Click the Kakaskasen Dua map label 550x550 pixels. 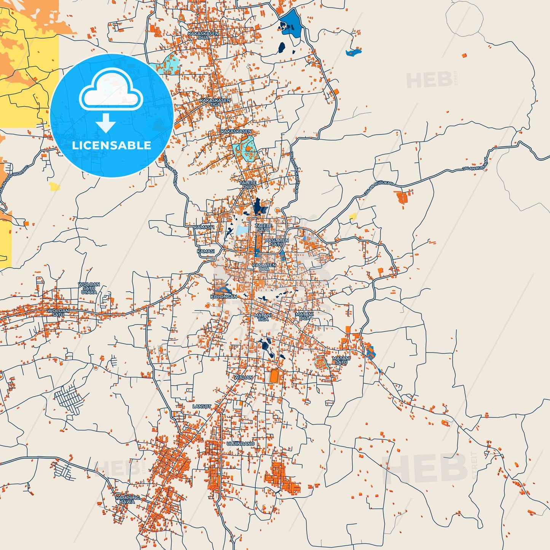203,35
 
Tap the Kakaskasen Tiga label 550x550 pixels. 215,102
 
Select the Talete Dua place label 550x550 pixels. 247,185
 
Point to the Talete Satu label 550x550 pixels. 263,228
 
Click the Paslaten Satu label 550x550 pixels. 277,242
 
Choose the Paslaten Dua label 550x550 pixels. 264,267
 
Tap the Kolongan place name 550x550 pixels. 223,297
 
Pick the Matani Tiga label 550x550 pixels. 263,317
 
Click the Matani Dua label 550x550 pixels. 304,316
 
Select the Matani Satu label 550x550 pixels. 341,360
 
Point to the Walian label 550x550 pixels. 243,377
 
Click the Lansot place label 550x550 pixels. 202,407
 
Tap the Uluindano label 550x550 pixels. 241,444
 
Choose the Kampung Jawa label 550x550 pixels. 128,499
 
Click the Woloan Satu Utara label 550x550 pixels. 89,288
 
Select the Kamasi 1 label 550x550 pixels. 204,227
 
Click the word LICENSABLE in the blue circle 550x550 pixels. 112,145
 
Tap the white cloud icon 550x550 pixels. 111,90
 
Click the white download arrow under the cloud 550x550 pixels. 106,123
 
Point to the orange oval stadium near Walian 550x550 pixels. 274,376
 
